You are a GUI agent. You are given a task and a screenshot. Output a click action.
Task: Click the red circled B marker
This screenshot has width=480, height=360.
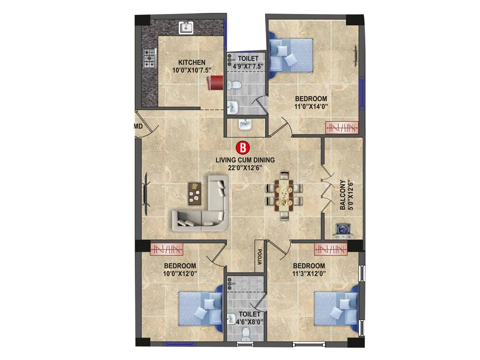243,148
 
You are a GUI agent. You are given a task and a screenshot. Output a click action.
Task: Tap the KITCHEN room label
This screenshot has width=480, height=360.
192,62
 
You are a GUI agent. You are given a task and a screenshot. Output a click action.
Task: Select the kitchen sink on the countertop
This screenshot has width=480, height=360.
186,28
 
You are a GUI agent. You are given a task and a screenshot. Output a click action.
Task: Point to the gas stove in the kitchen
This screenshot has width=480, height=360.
150,58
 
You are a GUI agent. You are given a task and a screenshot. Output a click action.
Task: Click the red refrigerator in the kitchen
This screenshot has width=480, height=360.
215,82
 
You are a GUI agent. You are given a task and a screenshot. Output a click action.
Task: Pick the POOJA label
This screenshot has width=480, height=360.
259,257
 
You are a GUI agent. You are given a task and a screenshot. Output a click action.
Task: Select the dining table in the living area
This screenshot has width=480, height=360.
284,196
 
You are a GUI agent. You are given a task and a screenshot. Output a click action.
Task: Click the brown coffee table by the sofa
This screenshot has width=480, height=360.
194,193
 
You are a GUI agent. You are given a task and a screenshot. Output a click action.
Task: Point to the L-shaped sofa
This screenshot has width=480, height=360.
207,210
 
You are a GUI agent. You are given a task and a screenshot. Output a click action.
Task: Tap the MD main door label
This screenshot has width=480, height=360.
138,126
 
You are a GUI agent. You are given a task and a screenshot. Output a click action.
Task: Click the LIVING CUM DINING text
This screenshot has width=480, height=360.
245,160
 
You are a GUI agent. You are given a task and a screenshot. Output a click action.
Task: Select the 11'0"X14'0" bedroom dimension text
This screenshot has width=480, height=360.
311,106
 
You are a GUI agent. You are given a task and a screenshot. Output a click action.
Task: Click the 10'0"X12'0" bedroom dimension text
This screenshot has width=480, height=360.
180,274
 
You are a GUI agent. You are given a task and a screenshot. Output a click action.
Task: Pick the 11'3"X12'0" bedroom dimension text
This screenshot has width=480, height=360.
309,274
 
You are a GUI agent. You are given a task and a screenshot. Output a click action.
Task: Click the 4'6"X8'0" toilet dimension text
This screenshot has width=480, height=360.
249,322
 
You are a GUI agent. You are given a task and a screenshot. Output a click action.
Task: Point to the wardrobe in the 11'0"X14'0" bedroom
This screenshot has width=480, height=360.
342,128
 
